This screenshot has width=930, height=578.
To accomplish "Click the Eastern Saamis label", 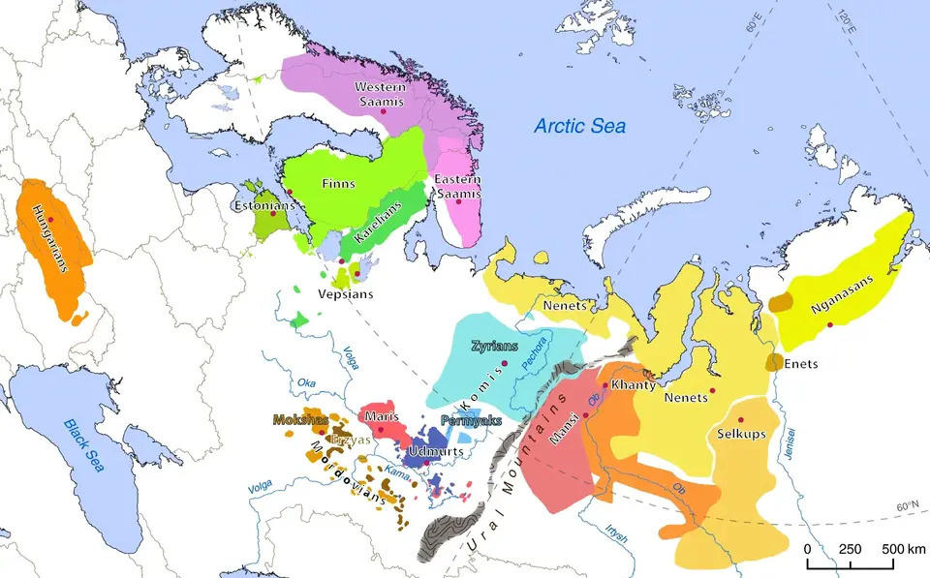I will [x=457, y=187].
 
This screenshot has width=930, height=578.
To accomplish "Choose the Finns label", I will [x=339, y=183].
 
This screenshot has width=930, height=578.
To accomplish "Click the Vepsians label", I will [x=342, y=292].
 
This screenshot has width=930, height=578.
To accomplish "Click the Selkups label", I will [x=741, y=434].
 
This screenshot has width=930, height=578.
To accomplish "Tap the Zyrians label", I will [x=495, y=346].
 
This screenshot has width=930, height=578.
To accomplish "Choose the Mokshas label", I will [x=299, y=421].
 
